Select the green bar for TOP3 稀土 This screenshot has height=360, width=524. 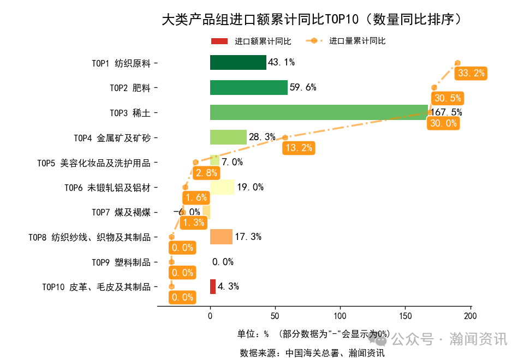[x=319, y=112]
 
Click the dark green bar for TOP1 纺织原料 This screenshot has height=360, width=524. [x=238, y=63]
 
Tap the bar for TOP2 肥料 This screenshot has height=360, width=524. [x=248, y=88]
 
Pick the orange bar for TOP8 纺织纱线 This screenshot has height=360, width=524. [x=221, y=237]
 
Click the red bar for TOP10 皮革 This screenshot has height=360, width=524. [x=213, y=286]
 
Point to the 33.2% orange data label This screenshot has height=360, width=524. [x=472, y=73]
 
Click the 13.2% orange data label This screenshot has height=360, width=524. [x=299, y=147]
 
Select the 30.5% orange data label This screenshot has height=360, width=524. [x=447, y=98]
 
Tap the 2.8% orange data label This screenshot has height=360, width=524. [x=206, y=173]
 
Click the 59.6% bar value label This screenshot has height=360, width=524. [x=303, y=87]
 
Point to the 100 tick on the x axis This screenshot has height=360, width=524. [x=340, y=316]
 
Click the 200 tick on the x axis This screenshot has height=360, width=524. [x=471, y=316]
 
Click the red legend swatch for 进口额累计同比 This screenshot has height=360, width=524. [x=219, y=41]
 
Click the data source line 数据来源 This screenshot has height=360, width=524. [x=312, y=352]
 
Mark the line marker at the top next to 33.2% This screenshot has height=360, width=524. [x=457, y=63]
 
